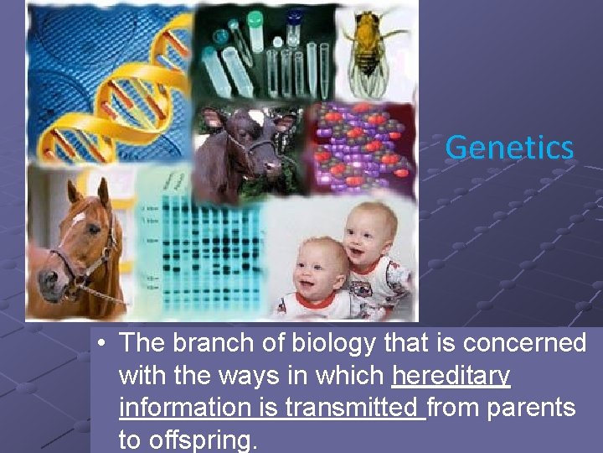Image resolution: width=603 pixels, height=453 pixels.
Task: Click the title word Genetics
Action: coord(509,148)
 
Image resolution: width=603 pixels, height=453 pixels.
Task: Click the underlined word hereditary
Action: coord(451,376)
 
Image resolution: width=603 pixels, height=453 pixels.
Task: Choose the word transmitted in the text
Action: coord(352,408)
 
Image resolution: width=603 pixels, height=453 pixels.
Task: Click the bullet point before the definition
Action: coord(100,344)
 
